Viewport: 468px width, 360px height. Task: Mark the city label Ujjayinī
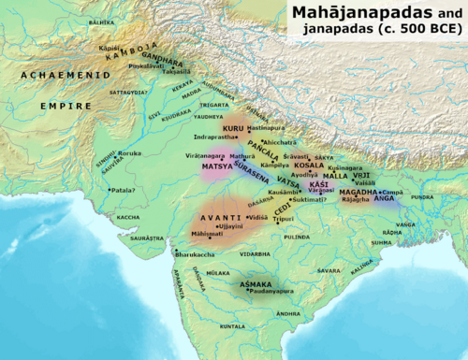230,226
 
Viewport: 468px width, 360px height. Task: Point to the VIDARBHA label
255,253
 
